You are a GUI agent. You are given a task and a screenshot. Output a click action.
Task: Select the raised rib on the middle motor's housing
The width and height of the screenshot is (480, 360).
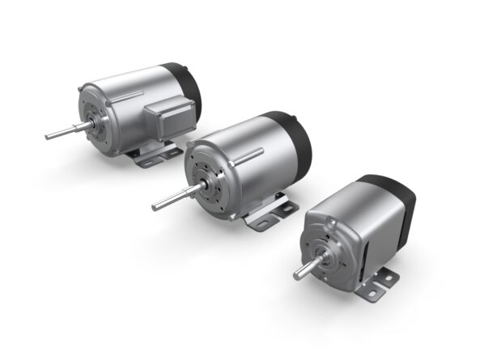click(x=247, y=153)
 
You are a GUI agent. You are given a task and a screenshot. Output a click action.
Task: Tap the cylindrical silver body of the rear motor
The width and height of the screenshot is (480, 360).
click(x=130, y=113)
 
